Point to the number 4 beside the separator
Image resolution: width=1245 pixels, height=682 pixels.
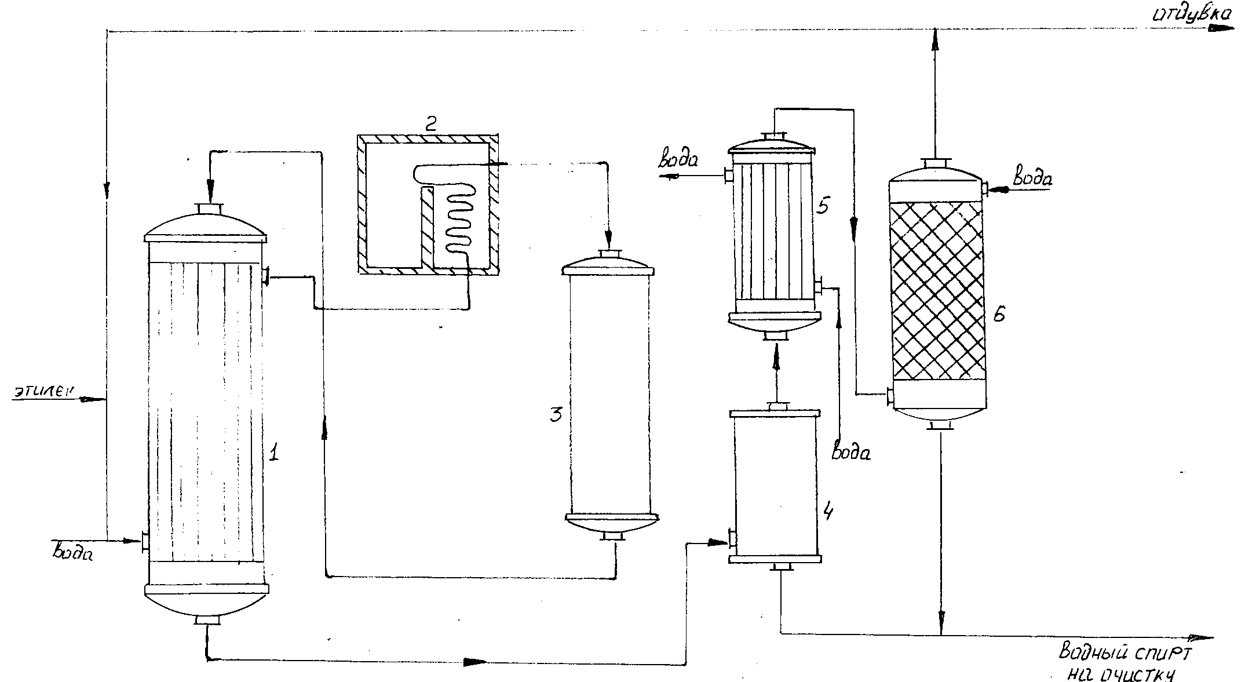pos(829,512)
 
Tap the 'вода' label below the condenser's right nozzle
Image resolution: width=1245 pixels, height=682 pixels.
pos(850,451)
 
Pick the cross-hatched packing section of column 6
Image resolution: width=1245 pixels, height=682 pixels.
pos(937,290)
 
